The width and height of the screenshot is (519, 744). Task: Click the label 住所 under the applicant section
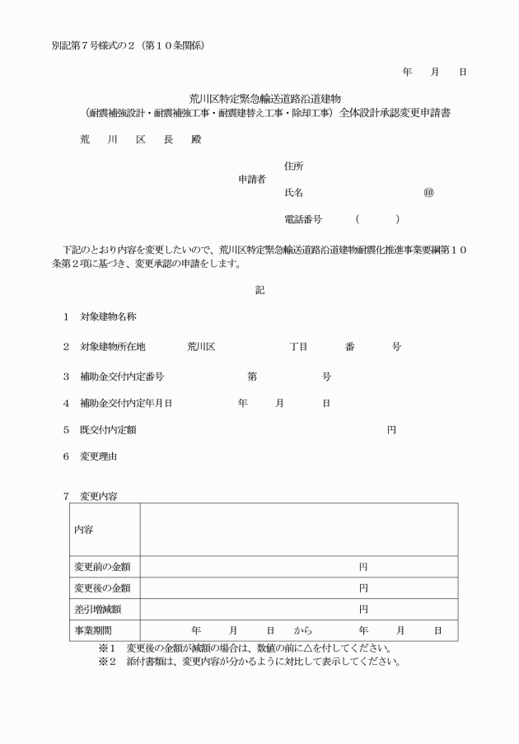(292, 166)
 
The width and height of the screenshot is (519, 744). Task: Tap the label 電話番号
(302, 220)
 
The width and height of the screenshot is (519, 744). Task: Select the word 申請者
(251, 179)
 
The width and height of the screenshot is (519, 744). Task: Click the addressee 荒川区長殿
(139, 139)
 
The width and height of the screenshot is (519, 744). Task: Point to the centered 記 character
(259, 289)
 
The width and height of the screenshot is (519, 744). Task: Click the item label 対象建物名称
(108, 316)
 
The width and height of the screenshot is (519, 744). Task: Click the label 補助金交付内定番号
(121, 377)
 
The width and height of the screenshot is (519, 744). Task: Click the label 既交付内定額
(108, 429)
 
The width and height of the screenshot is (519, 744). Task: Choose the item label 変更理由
(99, 456)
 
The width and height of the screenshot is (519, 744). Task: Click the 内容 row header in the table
(84, 529)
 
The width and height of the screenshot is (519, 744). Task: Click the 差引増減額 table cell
(98, 610)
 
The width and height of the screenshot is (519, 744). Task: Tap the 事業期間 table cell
(93, 631)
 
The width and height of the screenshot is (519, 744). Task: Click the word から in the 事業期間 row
(303, 631)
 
